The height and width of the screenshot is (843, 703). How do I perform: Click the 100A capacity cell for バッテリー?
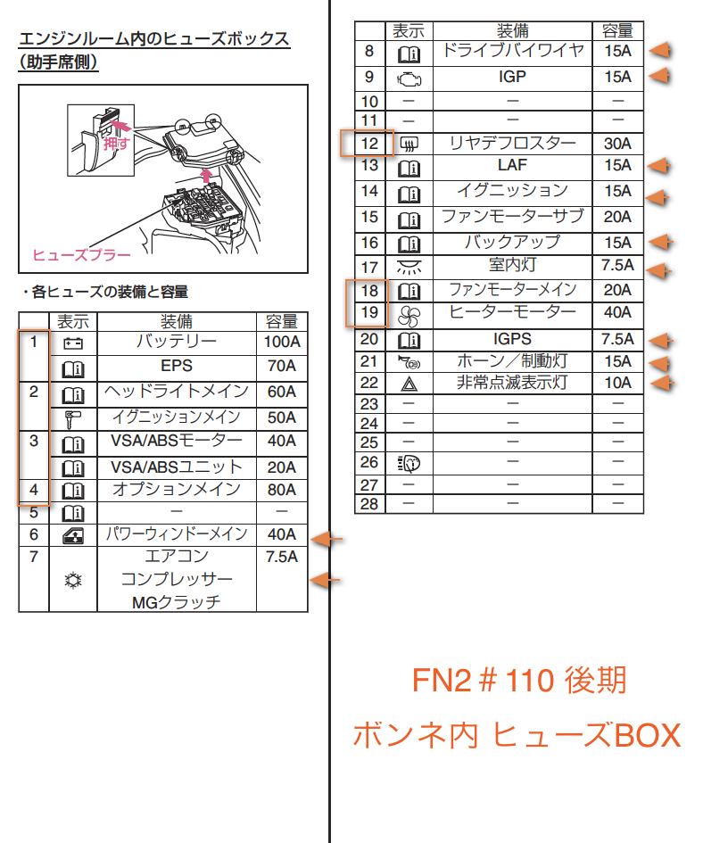[282, 343]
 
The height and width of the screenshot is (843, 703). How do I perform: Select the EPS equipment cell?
[177, 366]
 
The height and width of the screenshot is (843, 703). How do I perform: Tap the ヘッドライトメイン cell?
[177, 392]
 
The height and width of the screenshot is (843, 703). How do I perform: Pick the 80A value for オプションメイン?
[282, 490]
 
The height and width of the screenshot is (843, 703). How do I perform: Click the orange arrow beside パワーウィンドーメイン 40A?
[327, 539]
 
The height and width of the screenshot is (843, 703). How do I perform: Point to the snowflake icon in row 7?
[72, 580]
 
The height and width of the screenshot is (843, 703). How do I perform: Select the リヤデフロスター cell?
[512, 143]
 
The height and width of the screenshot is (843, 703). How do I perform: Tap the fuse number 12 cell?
[369, 143]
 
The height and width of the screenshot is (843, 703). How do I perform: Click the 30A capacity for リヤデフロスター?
[616, 143]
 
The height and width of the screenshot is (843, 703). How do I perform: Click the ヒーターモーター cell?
[512, 312]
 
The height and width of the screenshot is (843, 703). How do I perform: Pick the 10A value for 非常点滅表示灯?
[616, 383]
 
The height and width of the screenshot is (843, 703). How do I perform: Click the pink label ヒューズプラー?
[81, 255]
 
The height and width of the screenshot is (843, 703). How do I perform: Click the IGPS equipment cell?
[512, 339]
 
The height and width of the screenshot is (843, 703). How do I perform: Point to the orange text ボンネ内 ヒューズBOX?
[517, 735]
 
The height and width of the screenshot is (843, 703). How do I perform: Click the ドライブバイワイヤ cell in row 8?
[512, 51]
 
